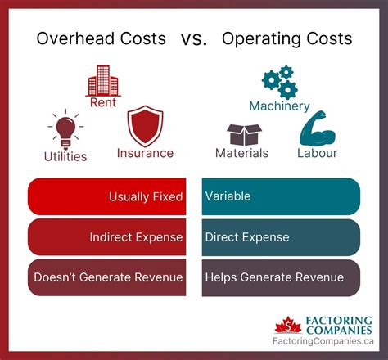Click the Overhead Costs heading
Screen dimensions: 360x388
(x=102, y=38)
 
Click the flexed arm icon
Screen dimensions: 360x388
(x=317, y=128)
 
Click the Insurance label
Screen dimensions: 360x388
(x=145, y=152)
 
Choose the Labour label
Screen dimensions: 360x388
(x=318, y=152)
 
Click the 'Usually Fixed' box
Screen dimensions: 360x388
(x=107, y=196)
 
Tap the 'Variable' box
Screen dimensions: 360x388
(x=280, y=196)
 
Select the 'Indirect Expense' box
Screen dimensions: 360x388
(x=107, y=237)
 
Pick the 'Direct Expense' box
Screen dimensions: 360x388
(x=280, y=237)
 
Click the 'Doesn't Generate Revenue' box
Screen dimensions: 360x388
(x=107, y=278)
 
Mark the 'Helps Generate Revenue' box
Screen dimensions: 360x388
(x=280, y=278)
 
